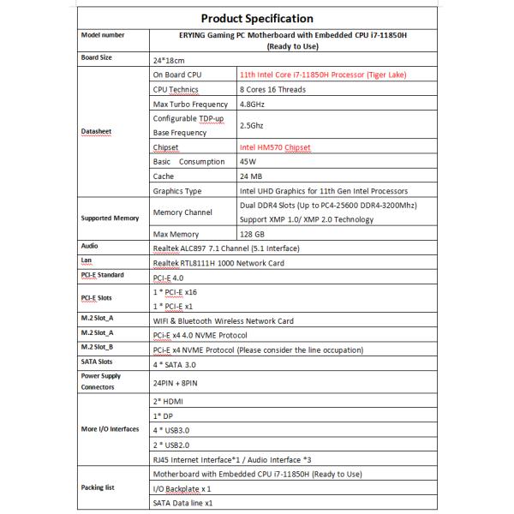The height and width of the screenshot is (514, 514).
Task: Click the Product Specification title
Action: pyautogui.click(x=256, y=18)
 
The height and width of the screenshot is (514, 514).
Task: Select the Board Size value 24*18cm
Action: pyautogui.click(x=170, y=61)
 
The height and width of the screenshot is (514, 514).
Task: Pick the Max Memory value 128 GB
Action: pyautogui.click(x=256, y=233)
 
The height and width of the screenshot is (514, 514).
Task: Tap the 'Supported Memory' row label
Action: pyautogui.click(x=109, y=218)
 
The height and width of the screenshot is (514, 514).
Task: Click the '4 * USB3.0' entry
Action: pyautogui.click(x=176, y=429)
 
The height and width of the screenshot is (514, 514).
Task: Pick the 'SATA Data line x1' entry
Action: pyautogui.click(x=182, y=503)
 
